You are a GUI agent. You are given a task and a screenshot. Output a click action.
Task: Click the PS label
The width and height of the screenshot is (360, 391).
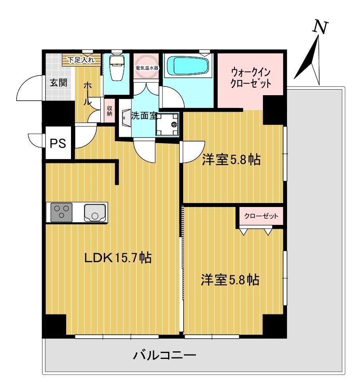click(x=58, y=143)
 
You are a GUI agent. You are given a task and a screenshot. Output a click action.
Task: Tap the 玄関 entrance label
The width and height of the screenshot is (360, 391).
click(x=59, y=82)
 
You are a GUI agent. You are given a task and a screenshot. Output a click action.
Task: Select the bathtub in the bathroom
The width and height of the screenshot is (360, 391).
click(x=188, y=65)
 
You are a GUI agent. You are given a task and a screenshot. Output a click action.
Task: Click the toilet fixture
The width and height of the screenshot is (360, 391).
click(x=117, y=67)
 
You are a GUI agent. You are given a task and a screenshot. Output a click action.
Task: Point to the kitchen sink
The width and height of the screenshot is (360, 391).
click(x=94, y=213)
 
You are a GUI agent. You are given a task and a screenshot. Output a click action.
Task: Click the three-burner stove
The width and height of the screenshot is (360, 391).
click(x=61, y=212)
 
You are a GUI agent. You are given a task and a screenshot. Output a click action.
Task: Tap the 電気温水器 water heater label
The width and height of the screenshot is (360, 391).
click(x=147, y=67)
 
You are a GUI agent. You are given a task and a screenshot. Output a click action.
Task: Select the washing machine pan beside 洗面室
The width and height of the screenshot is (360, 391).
click(x=167, y=124)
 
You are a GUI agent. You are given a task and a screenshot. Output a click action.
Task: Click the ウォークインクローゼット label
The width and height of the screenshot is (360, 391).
click(x=251, y=78)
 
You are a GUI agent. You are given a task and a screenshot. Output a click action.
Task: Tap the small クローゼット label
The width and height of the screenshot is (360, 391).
click(x=261, y=216)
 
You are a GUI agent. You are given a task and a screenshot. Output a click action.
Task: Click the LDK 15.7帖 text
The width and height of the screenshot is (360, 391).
click(x=118, y=257)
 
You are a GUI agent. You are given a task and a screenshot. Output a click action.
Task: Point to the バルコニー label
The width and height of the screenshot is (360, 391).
click(x=165, y=355)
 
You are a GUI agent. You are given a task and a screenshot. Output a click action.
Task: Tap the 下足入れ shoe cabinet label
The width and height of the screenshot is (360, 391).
click(x=81, y=60)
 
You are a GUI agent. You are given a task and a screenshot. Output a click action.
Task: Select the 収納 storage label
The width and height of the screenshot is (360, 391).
click(x=109, y=111)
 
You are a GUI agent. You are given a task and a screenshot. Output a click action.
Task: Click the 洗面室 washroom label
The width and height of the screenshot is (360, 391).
click(x=144, y=115)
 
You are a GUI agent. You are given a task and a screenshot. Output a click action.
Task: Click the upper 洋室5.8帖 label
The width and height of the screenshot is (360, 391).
click(x=231, y=159)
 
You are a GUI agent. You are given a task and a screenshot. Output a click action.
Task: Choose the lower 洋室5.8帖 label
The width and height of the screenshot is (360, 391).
click(x=230, y=280)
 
